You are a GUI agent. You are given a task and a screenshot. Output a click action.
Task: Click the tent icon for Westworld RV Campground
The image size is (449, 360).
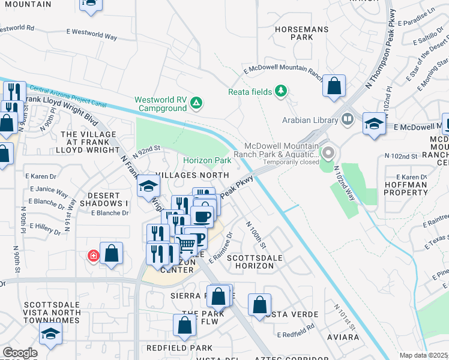point(196,104)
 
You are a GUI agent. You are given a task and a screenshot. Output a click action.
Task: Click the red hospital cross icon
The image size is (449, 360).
point(93,256)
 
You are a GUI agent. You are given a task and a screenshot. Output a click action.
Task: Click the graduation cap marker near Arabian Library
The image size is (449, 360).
point(374,124)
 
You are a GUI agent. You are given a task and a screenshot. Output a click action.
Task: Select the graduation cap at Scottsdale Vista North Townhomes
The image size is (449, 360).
point(50,334)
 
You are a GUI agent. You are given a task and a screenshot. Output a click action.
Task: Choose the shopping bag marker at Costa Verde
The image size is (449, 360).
point(259,305)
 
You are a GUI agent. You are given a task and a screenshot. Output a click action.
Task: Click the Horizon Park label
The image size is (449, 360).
point(207,161)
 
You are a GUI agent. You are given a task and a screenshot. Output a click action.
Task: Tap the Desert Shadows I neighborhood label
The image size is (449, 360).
point(108,200)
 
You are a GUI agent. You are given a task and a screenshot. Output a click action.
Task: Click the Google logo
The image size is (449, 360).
point(20,353)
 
